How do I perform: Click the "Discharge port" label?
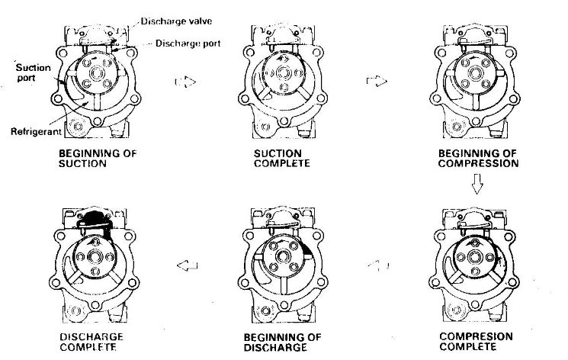tap(188, 43)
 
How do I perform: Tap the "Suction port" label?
tap(34, 72)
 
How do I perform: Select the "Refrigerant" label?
tap(34, 131)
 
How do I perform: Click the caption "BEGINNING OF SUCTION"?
tap(98, 158)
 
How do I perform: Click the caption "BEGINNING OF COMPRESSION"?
tap(478, 158)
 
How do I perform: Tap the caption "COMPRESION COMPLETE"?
tap(477, 341)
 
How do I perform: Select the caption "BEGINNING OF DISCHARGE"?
tap(283, 342)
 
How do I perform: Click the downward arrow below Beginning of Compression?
tap(478, 184)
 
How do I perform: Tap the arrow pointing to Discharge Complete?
tap(186, 265)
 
